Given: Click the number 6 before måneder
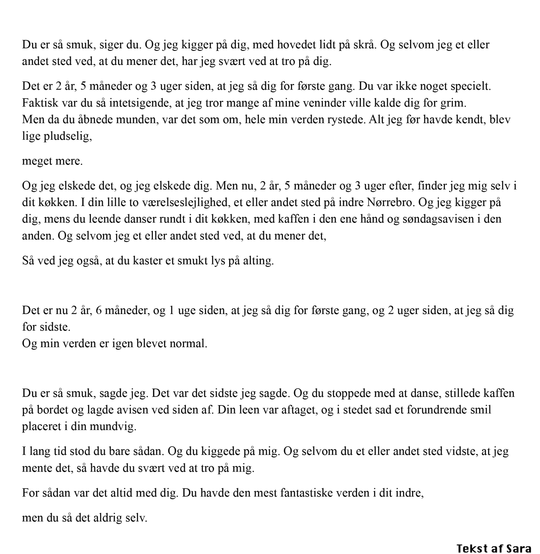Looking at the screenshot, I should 99,310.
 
